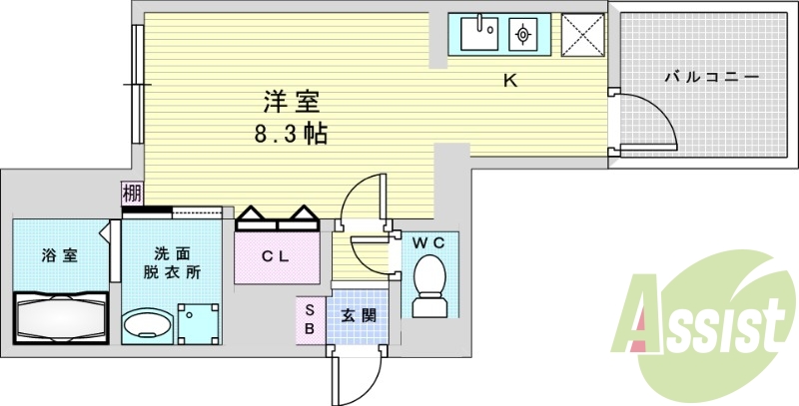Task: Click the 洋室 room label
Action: pyautogui.click(x=292, y=101)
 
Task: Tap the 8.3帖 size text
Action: pyautogui.click(x=291, y=134)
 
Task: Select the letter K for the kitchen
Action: pyautogui.click(x=510, y=81)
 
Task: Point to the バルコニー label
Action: pyautogui.click(x=712, y=78)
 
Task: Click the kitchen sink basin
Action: pyautogui.click(x=479, y=33)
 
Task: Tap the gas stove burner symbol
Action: pyautogui.click(x=522, y=34)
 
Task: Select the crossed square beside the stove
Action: pyautogui.click(x=583, y=34)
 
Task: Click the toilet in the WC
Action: pyautogui.click(x=429, y=286)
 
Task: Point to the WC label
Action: pyautogui.click(x=428, y=243)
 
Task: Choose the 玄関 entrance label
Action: pyautogui.click(x=359, y=316)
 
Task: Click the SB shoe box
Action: pyautogui.click(x=311, y=319)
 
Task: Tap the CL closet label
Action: pyautogui.click(x=276, y=256)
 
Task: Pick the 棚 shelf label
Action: pyautogui.click(x=132, y=193)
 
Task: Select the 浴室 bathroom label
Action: pyautogui.click(x=60, y=256)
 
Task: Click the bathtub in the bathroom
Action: pyautogui.click(x=61, y=318)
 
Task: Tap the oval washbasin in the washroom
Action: pyautogui.click(x=147, y=324)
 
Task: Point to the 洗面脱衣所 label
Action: pyautogui.click(x=172, y=263)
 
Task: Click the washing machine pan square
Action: pyautogui.click(x=198, y=324)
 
